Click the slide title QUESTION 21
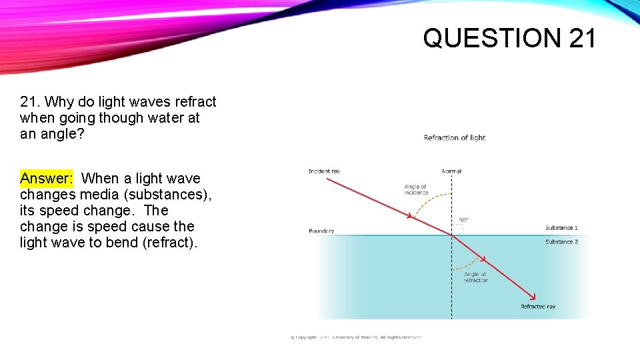pyautogui.click(x=510, y=38)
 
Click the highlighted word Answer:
pyautogui.click(x=47, y=178)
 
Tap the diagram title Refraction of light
pyautogui.click(x=455, y=138)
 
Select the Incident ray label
pyautogui.click(x=324, y=171)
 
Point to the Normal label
pyautogui.click(x=451, y=171)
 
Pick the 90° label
pyautogui.click(x=464, y=219)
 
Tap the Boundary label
pyautogui.click(x=321, y=231)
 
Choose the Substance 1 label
pyautogui.click(x=561, y=228)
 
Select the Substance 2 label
pyautogui.click(x=561, y=242)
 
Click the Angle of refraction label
pyautogui.click(x=476, y=277)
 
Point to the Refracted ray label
pyautogui.click(x=538, y=307)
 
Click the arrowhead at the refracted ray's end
pyautogui.click(x=533, y=297)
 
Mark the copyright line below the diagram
pyautogui.click(x=356, y=337)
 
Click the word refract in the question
pyautogui.click(x=195, y=102)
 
